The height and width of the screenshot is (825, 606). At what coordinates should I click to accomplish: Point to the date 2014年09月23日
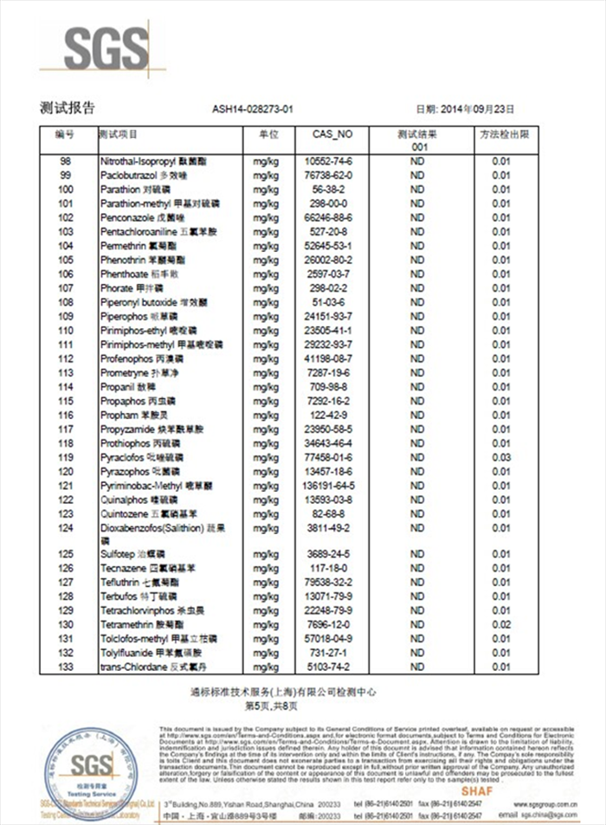click(477, 110)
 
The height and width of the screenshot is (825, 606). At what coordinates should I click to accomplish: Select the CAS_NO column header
click(332, 135)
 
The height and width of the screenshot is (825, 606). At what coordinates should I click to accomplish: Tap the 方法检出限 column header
click(504, 135)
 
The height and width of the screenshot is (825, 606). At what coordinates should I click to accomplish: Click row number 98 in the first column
click(65, 161)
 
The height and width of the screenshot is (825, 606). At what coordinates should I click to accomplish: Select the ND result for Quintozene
click(417, 513)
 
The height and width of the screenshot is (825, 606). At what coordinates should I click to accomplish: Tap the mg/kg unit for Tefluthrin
click(264, 583)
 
